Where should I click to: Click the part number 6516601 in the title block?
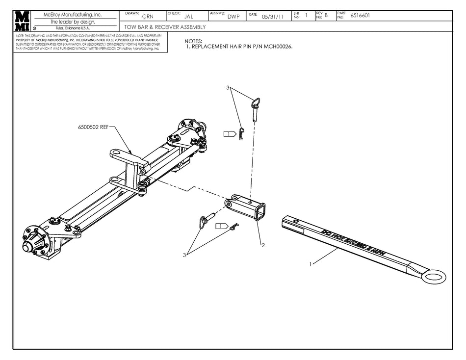361,16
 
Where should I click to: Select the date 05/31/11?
273,16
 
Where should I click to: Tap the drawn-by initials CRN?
148,16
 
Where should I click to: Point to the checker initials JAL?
189,16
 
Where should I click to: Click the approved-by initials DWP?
233,16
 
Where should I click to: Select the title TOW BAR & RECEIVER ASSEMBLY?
165,27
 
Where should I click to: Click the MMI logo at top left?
22,21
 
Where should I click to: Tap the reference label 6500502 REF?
93,127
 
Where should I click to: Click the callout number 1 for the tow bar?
311,264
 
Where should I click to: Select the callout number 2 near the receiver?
263,245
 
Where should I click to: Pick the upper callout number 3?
228,87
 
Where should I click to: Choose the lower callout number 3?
184,255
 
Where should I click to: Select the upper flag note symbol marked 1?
230,133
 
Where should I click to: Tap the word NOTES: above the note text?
193,41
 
